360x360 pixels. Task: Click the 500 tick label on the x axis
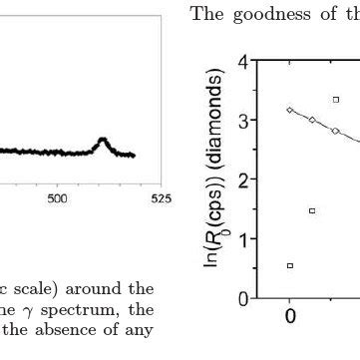coord(58,197)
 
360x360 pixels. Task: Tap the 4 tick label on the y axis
coord(243,63)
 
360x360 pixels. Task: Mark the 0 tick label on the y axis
coord(243,298)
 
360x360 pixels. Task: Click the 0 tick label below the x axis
coord(290,317)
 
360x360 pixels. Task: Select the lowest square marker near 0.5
coord(290,265)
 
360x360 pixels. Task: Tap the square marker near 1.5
coord(312,210)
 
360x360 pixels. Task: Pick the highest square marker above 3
coord(336,99)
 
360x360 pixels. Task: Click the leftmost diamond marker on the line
coord(290,110)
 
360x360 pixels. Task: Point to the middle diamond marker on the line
coord(312,120)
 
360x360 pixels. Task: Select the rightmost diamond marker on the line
coord(336,131)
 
